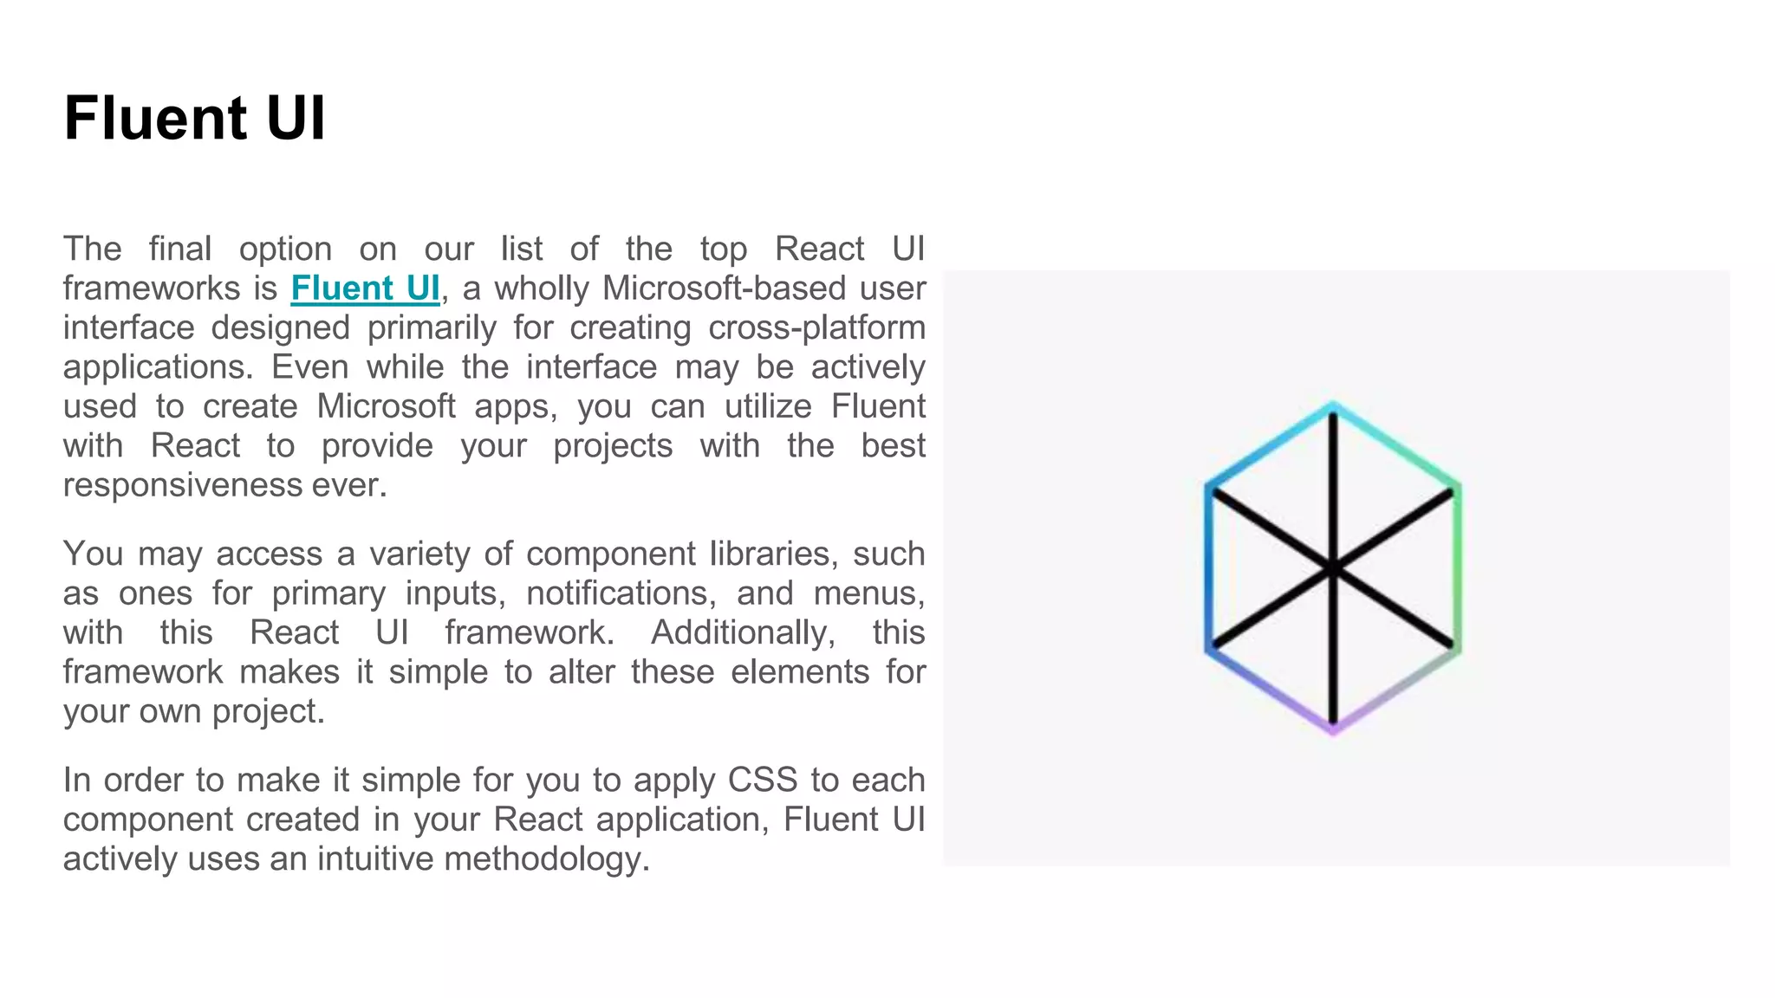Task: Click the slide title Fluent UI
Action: pyautogui.click(x=194, y=118)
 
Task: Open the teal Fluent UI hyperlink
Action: pyautogui.click(x=365, y=288)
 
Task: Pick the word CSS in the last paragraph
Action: pyautogui.click(x=762, y=781)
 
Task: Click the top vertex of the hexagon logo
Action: pyautogui.click(x=1333, y=405)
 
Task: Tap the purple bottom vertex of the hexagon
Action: pyautogui.click(x=1333, y=730)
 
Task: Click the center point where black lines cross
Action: pyautogui.click(x=1333, y=569)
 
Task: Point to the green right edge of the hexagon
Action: pyautogui.click(x=1458, y=567)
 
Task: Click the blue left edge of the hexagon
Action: pyautogui.click(x=1208, y=567)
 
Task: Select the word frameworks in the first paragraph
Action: pyautogui.click(x=149, y=288)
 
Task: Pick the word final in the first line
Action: pyautogui.click(x=179, y=249)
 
